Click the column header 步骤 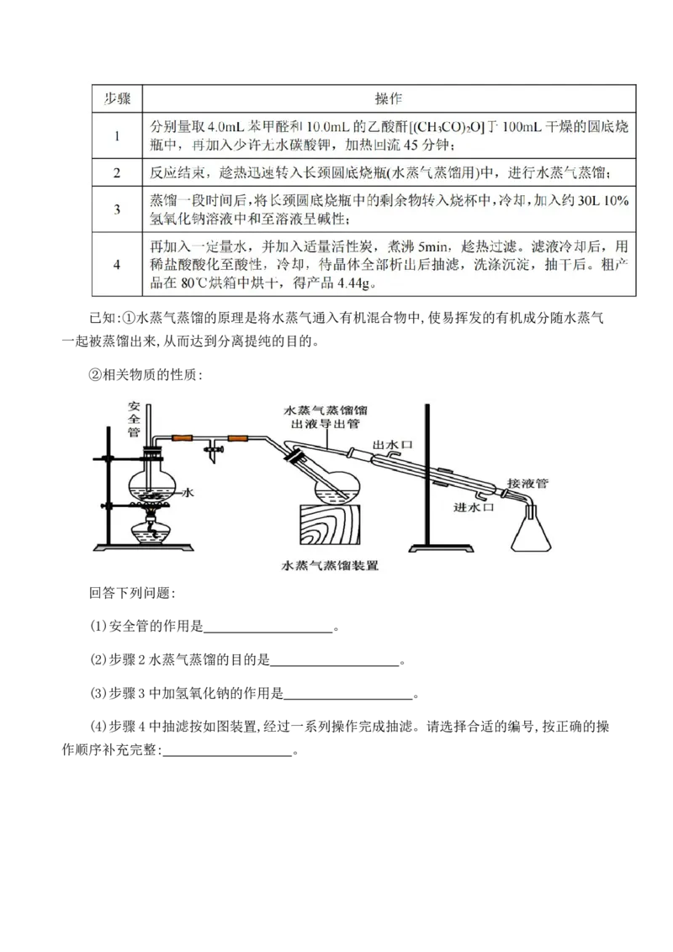point(117,98)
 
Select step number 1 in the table point(117,135)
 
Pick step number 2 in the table point(117,173)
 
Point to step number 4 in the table point(117,264)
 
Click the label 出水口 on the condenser point(389,442)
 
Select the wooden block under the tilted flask point(330,529)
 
